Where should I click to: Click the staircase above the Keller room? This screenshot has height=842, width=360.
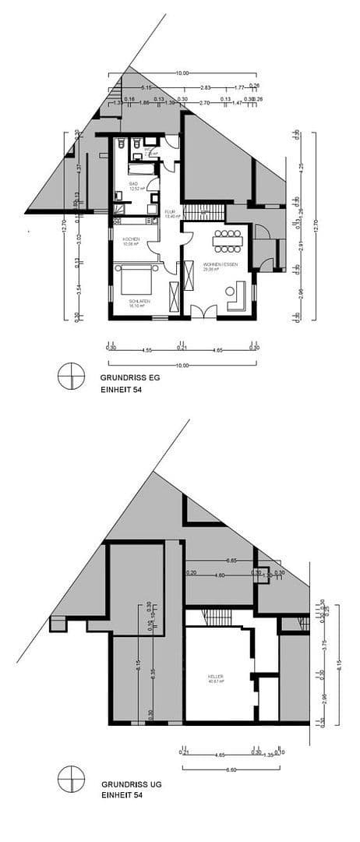click(x=218, y=617)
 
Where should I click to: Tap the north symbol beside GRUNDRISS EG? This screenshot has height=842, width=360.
click(x=70, y=376)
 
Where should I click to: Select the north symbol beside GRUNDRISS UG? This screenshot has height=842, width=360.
click(x=70, y=778)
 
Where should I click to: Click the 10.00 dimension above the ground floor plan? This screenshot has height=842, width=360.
click(x=182, y=73)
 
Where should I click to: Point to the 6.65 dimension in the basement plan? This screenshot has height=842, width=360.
click(x=231, y=561)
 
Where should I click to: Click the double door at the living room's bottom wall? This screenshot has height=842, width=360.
click(x=200, y=312)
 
